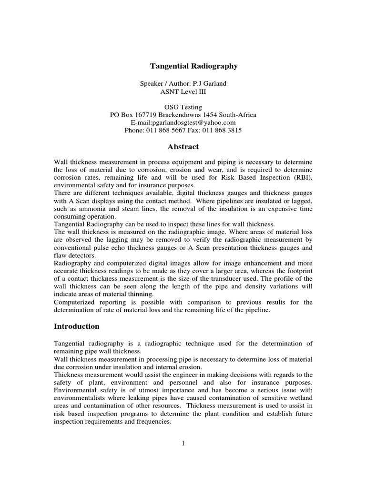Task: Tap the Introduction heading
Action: [x=77, y=326]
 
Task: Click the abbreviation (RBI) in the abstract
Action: [x=302, y=178]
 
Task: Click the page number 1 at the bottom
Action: [x=183, y=443]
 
